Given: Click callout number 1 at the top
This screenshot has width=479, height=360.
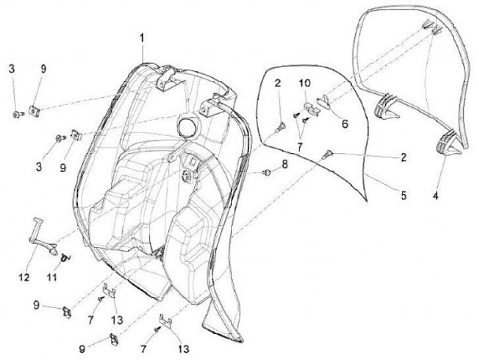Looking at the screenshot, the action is coord(142,39).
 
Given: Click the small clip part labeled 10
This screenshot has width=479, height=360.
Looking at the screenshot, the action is coord(308,108).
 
